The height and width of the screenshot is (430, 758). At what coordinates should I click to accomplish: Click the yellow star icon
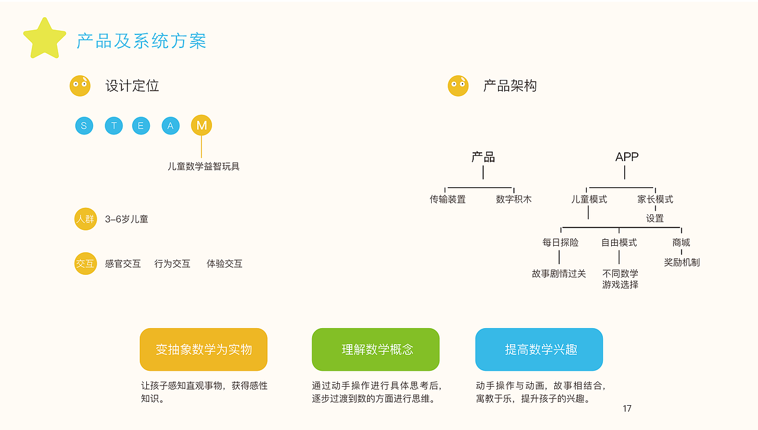(x=44, y=39)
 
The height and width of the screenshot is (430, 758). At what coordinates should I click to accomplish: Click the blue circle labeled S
(x=84, y=126)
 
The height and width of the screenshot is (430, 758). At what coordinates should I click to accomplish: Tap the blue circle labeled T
(x=114, y=126)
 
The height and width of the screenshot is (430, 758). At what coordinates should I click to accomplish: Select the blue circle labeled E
(x=141, y=126)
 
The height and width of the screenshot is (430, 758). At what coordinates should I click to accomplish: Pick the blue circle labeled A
(x=171, y=126)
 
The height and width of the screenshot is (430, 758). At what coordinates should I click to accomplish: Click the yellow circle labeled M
(x=201, y=126)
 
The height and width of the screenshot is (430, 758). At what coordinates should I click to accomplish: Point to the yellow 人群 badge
(x=85, y=219)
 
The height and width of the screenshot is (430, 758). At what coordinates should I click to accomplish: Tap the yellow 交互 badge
(x=85, y=264)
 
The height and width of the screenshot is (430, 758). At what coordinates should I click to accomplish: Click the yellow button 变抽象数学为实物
(x=204, y=349)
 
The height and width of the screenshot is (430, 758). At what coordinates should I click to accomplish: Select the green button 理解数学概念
(x=375, y=349)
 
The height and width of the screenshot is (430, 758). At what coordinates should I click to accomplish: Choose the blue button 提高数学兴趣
(x=539, y=349)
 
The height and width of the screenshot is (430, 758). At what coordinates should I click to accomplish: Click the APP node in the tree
(x=627, y=157)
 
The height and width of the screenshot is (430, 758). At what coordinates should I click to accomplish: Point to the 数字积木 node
(x=513, y=200)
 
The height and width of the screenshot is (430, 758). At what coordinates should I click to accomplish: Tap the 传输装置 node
(x=448, y=200)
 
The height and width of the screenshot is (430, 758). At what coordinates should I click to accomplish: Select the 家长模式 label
(x=655, y=200)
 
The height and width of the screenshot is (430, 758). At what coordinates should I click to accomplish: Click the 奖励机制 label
(x=682, y=262)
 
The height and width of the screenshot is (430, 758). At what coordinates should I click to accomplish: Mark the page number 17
(x=627, y=408)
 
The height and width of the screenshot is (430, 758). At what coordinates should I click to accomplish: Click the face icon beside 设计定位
(x=80, y=86)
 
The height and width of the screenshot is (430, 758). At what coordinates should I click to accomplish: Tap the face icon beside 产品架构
(x=458, y=86)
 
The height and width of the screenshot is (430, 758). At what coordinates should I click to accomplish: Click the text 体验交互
(x=224, y=264)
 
